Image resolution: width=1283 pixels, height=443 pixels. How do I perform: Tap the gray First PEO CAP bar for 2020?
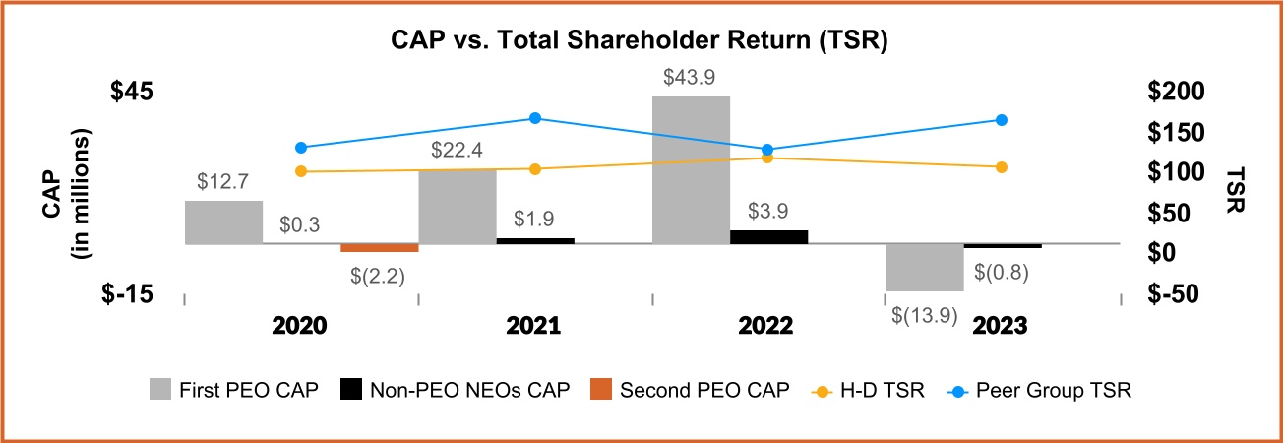[x=223, y=221]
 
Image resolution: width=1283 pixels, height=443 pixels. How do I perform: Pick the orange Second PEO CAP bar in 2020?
[x=380, y=247]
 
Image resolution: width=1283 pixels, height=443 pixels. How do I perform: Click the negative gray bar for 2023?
[x=925, y=267]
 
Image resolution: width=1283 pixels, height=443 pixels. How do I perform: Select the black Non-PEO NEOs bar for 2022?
[x=769, y=236]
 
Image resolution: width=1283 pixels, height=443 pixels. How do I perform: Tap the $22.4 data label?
[x=458, y=151]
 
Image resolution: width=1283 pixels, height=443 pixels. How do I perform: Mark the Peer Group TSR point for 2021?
[x=535, y=118]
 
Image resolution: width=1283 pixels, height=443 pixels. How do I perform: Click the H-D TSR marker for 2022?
[x=768, y=158]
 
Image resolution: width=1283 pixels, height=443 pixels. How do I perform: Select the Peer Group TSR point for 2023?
[x=1002, y=120]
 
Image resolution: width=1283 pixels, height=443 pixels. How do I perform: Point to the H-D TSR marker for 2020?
[x=301, y=171]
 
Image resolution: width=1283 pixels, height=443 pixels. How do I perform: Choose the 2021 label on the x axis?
[x=533, y=326]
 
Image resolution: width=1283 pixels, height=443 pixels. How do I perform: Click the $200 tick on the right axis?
[x=1175, y=92]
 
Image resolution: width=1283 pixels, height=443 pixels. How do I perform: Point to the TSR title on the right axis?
[x=1237, y=188]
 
